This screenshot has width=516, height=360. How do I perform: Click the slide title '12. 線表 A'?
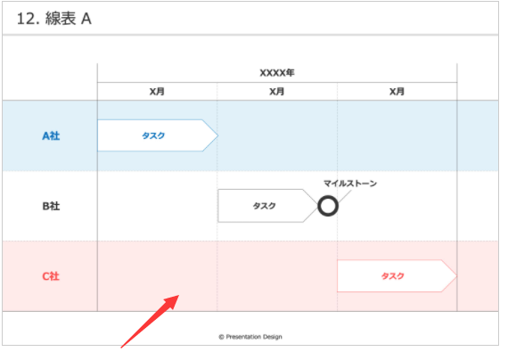point(54,19)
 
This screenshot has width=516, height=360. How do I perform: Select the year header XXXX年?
point(277,73)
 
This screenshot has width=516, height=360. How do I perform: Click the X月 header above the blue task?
point(157,92)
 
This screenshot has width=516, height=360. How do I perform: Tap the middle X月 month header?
point(277,92)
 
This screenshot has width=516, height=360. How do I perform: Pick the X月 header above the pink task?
point(397,92)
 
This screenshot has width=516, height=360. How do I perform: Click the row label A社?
point(51,136)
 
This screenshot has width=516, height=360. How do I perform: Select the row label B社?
point(51,207)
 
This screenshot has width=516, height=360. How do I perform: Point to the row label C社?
point(51,276)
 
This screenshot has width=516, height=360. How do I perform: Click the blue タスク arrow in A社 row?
point(158,135)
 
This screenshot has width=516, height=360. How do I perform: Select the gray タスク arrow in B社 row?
point(268,206)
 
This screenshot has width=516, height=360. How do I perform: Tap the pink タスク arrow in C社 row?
point(397,275)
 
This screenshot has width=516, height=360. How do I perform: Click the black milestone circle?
point(328,196)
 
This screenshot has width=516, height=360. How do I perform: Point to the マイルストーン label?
point(350,184)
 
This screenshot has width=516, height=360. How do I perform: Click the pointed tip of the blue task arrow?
point(217,135)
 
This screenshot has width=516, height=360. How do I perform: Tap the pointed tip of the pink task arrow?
point(457,275)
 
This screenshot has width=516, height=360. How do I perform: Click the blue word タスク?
point(153,135)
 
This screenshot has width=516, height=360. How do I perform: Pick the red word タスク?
point(393,276)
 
